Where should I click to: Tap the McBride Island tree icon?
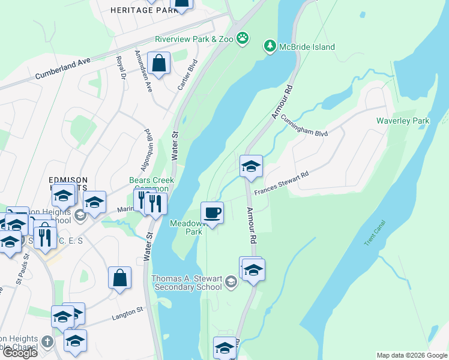click(x=270, y=46)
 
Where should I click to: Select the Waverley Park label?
click(x=403, y=121)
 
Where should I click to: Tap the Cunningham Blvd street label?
click(x=304, y=125)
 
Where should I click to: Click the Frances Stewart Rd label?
click(x=281, y=183)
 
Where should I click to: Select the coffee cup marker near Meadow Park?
click(x=212, y=213)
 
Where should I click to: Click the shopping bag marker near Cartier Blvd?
click(x=159, y=63)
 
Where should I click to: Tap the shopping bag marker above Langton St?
click(x=119, y=278)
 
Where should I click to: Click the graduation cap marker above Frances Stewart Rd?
click(x=251, y=166)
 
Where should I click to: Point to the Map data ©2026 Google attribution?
click(x=412, y=355)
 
